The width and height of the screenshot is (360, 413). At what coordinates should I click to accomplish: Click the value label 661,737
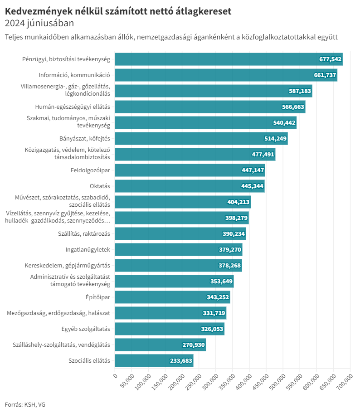(325, 75)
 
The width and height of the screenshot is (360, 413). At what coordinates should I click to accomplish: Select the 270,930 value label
(194, 345)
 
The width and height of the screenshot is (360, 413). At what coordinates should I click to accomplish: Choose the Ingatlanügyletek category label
(88, 249)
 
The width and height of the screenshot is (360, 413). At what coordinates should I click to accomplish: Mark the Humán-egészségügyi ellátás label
(73, 107)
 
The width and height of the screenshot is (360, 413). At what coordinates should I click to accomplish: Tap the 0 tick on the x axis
(115, 375)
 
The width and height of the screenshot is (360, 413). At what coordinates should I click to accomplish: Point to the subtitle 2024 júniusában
(39, 23)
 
